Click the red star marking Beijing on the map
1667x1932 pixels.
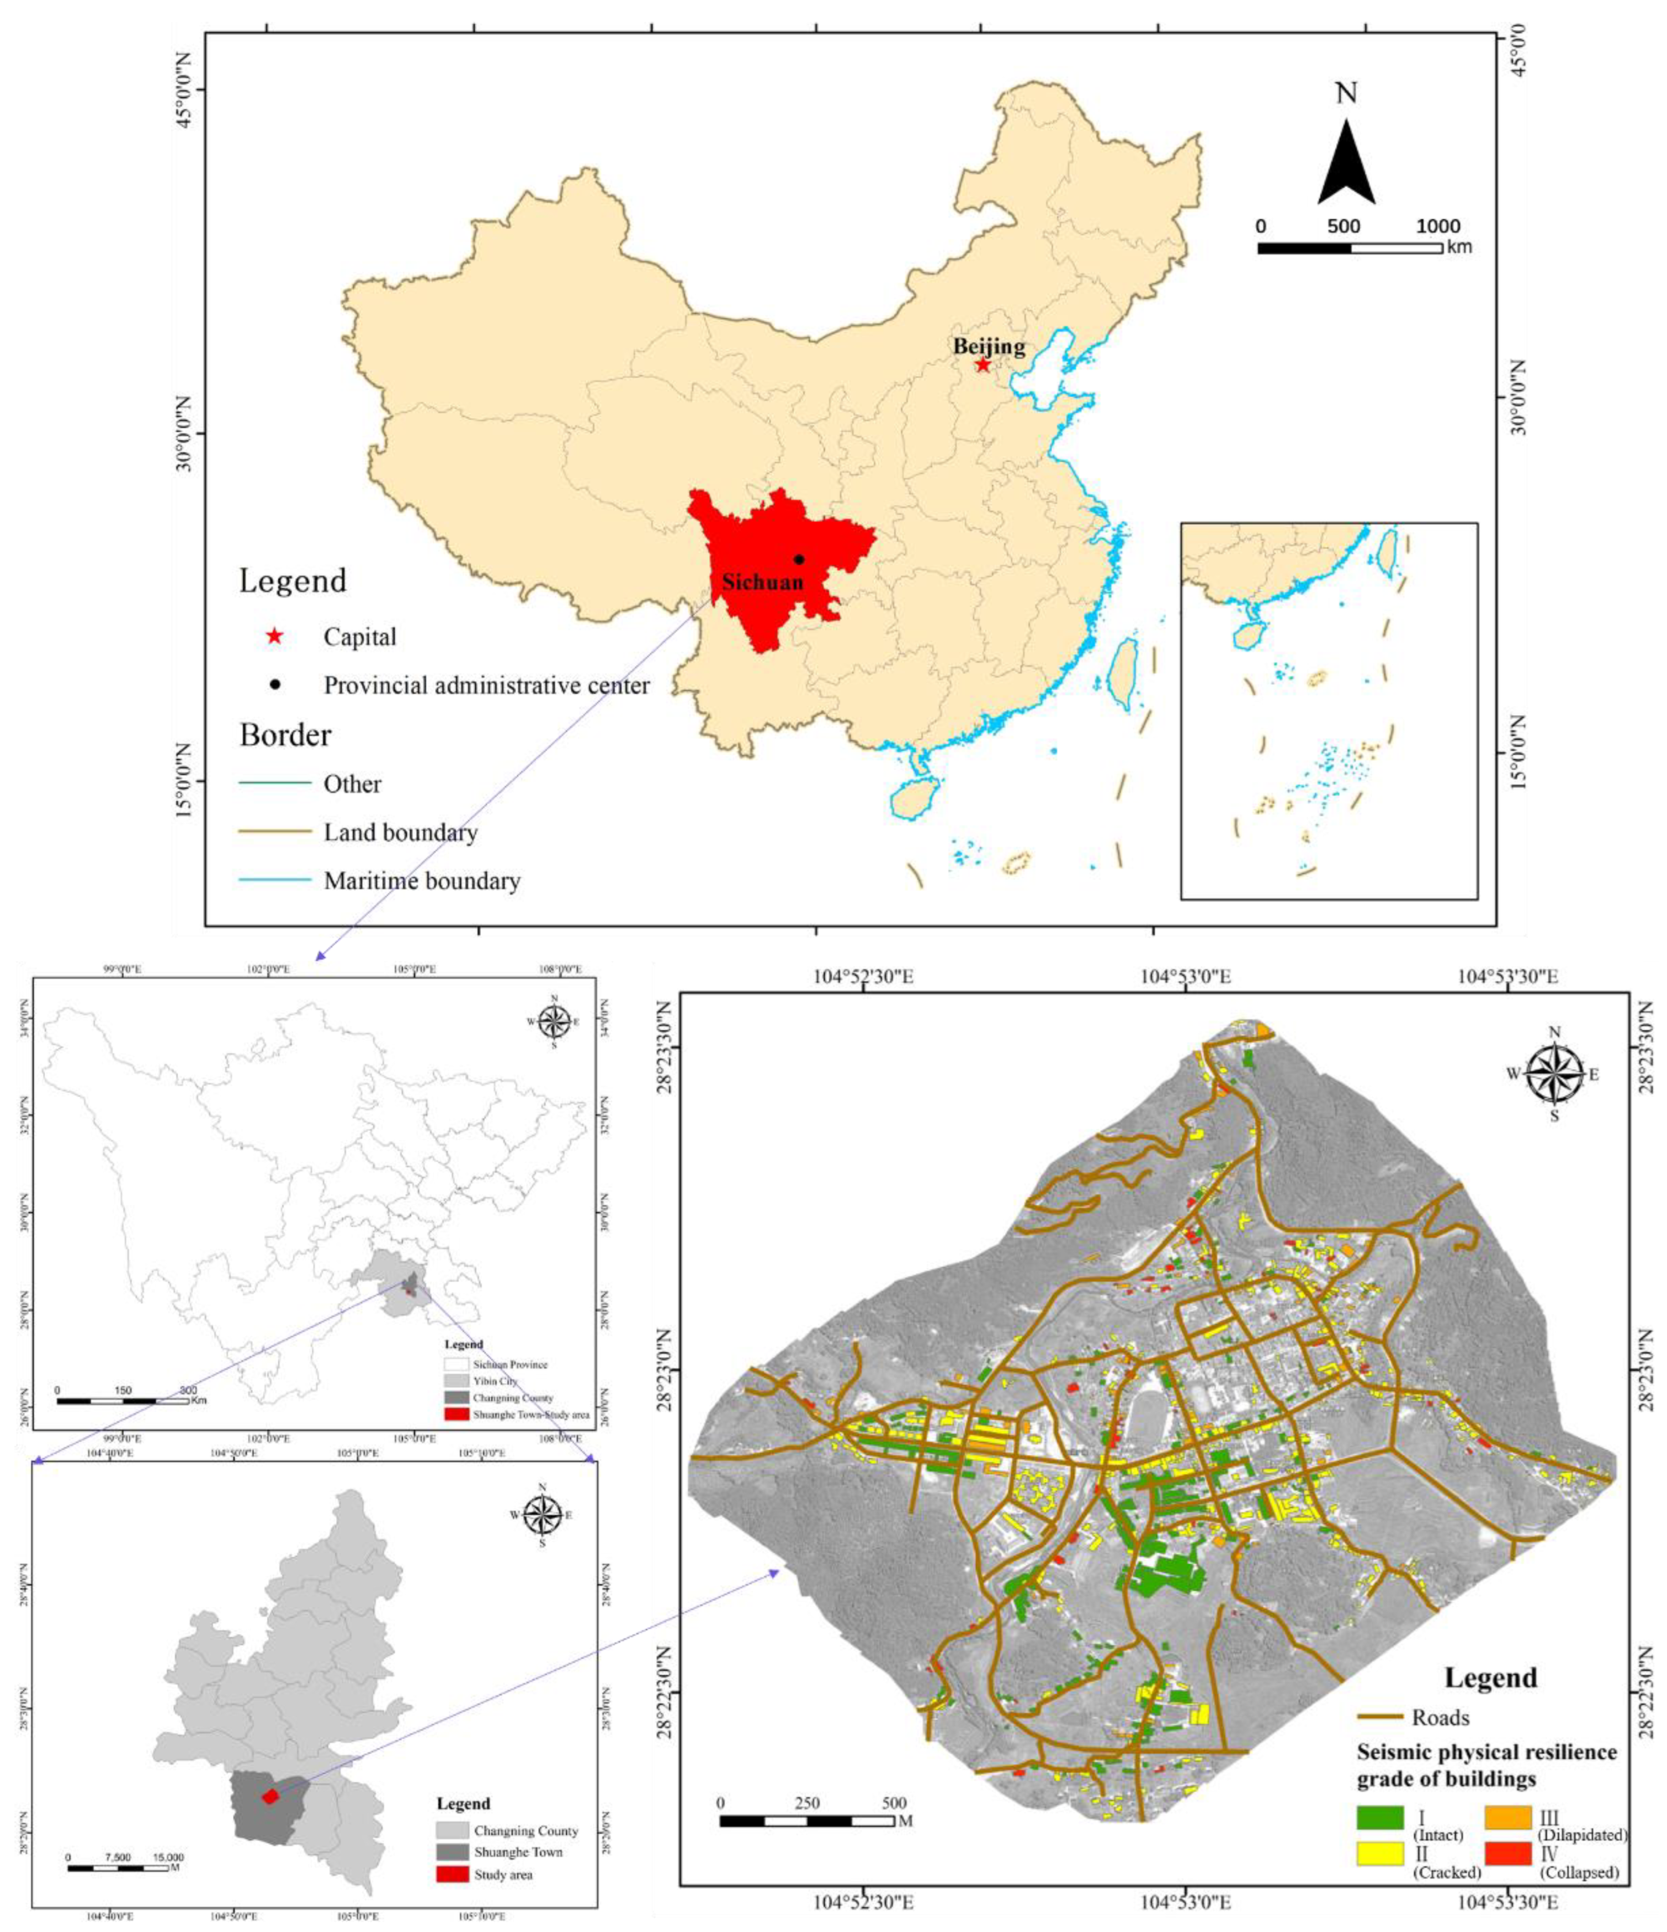coord(983,364)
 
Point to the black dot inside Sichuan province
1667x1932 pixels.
coord(799,559)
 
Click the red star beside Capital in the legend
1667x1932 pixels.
coord(274,637)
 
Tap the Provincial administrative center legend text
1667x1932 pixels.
coord(486,685)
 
